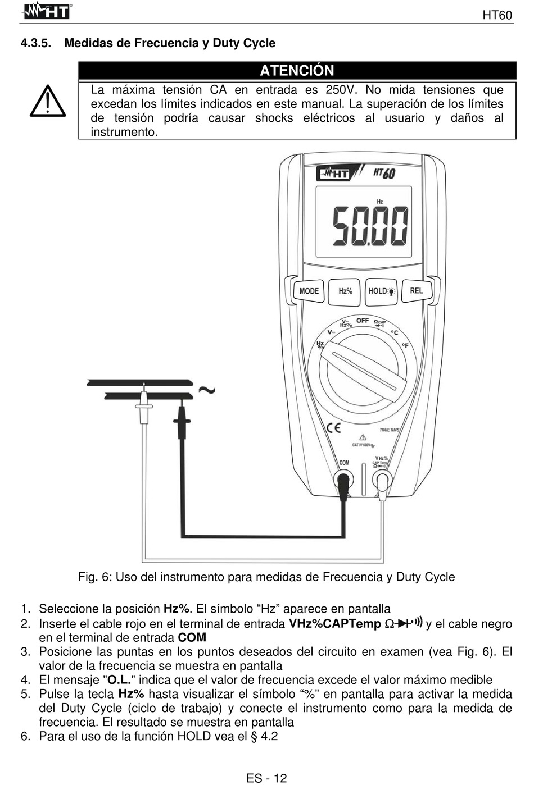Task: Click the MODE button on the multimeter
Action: pos(309,291)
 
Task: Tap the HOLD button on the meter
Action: pos(381,291)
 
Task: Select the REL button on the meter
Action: pos(417,290)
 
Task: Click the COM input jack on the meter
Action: pos(343,480)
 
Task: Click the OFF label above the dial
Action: pos(363,321)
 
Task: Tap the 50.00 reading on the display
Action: pos(369,226)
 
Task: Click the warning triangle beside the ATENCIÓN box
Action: pos(48,102)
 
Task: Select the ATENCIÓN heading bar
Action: pos(297,70)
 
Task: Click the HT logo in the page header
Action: pos(47,11)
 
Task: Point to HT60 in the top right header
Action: pos(497,15)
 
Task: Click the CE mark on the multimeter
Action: pos(333,427)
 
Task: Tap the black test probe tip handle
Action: pos(182,421)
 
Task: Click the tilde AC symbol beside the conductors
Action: pos(207,390)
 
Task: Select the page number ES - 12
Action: pos(266,778)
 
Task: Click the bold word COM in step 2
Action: pos(192,637)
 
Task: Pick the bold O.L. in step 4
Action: pos(118,680)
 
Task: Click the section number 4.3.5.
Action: pos(35,43)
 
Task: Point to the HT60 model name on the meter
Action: pos(384,173)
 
